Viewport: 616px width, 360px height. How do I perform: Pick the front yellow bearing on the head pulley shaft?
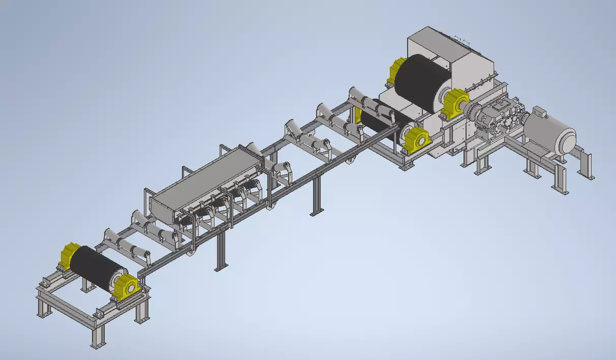454,104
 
